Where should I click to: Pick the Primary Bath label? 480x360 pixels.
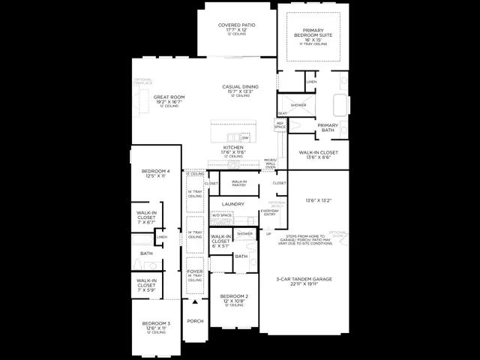coord(328,127)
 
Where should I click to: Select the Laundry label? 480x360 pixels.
coord(235,203)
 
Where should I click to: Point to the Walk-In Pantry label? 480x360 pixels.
coord(239,182)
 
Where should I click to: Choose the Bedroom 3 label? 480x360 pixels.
coord(156,325)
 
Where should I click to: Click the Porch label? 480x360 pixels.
coord(195,321)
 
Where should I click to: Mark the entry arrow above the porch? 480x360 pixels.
coord(195,301)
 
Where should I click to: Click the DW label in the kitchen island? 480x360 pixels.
coord(245,138)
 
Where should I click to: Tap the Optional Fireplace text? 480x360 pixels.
coord(142,81)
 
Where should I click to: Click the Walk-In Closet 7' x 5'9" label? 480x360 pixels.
coord(146,283)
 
